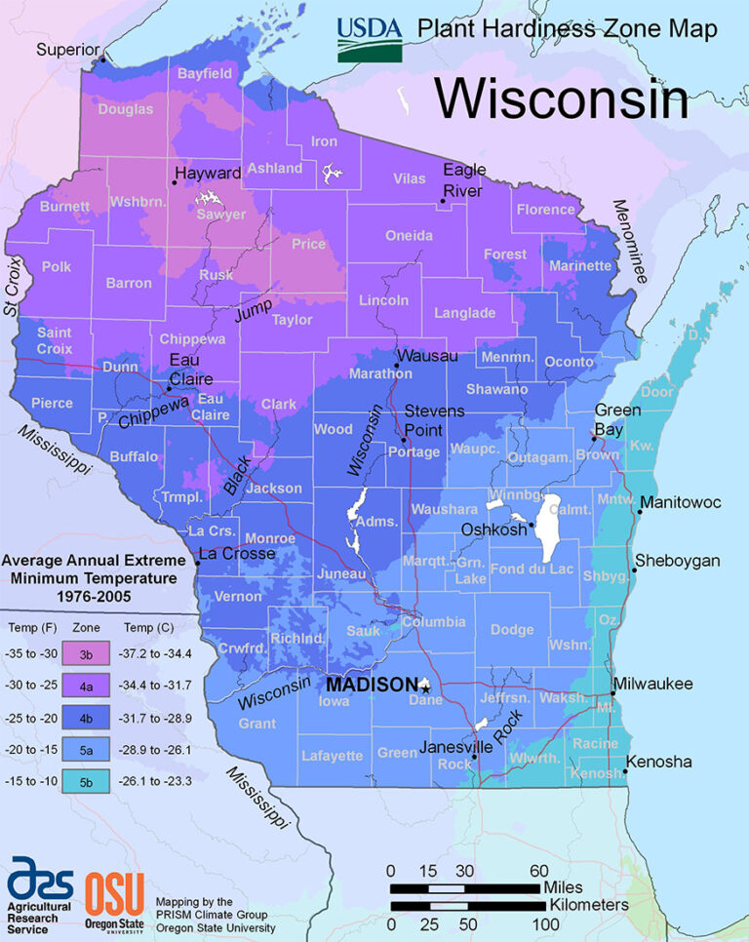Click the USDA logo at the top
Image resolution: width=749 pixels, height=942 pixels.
pos(370,39)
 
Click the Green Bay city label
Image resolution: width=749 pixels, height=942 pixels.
pos(617,418)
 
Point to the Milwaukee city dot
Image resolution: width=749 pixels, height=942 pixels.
pos(612,693)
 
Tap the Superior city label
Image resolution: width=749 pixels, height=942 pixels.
pos(69,50)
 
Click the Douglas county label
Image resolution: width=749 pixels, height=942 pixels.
pos(126,110)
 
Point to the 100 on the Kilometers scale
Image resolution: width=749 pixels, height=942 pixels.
pos(538,922)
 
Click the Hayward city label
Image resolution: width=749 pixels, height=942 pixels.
pos(208,173)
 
